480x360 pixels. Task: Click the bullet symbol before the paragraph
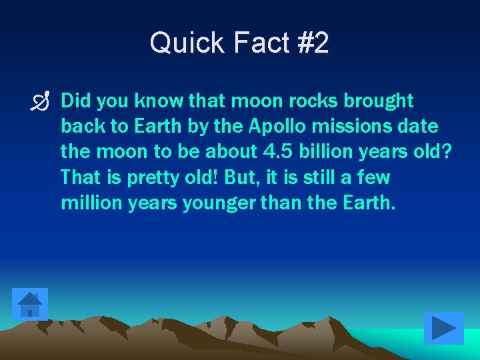point(44,102)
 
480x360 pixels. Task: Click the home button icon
point(30,304)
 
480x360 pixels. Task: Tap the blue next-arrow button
point(443,328)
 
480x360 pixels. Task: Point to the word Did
point(75,101)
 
